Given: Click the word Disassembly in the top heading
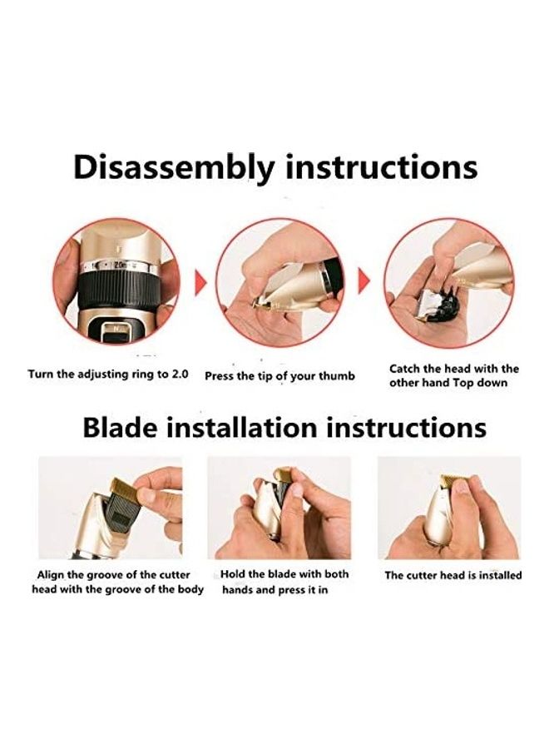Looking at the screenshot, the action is click(174, 169).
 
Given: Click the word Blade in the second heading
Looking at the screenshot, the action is click(120, 427).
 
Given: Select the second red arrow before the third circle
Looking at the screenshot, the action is click(364, 281).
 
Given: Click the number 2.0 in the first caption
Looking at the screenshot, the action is click(180, 374).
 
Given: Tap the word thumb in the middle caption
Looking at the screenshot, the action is click(337, 376).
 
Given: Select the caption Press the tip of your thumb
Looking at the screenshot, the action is click(279, 376).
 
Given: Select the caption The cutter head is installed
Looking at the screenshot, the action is click(453, 575).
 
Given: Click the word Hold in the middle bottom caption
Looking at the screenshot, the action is click(231, 573).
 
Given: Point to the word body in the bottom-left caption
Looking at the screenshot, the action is click(191, 589).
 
